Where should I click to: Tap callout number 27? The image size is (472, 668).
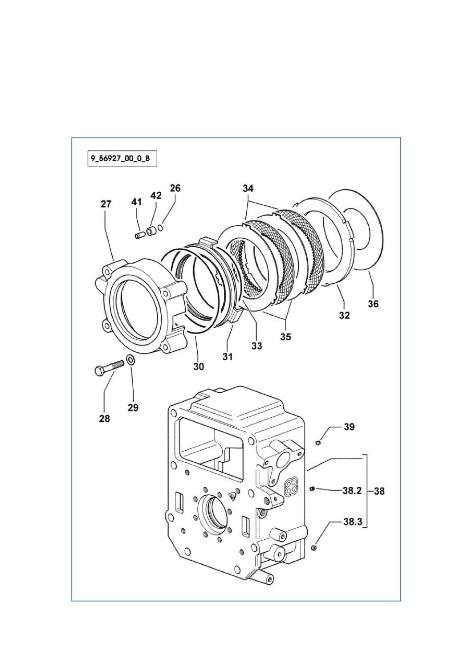(106, 204)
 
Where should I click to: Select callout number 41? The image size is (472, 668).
(136, 202)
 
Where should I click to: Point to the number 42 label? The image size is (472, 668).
(156, 196)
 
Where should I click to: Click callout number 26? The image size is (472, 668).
(175, 188)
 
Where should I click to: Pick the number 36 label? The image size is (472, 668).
(373, 304)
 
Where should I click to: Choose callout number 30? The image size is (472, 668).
(199, 367)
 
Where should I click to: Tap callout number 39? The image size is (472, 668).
(349, 427)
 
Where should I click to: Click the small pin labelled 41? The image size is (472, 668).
(139, 234)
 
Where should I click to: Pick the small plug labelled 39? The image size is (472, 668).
(318, 443)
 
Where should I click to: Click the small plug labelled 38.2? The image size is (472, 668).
(312, 489)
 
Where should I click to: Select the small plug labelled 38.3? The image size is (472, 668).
(313, 547)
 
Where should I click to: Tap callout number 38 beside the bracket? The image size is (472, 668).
(379, 491)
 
